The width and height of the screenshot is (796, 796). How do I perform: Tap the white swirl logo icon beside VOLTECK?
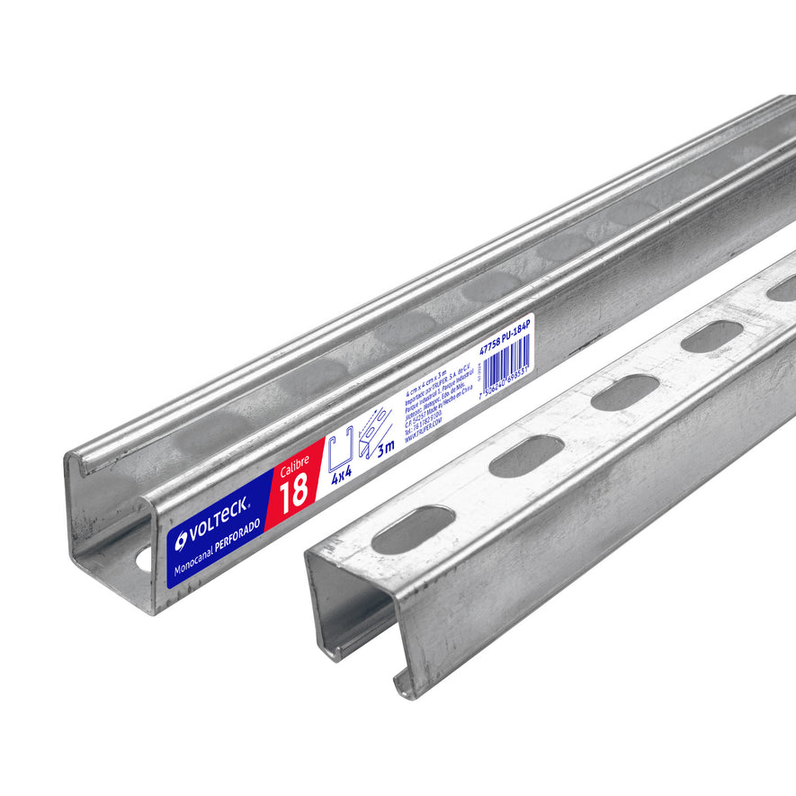click(182, 540)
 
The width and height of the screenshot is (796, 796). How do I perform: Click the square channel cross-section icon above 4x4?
click(339, 451)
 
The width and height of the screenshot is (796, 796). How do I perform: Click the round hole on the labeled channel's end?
click(144, 559)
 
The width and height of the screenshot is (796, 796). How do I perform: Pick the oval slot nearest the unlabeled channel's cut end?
click(413, 530)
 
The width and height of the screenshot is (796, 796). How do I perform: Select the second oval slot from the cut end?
click(527, 456)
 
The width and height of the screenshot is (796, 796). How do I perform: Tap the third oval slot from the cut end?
click(625, 392)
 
